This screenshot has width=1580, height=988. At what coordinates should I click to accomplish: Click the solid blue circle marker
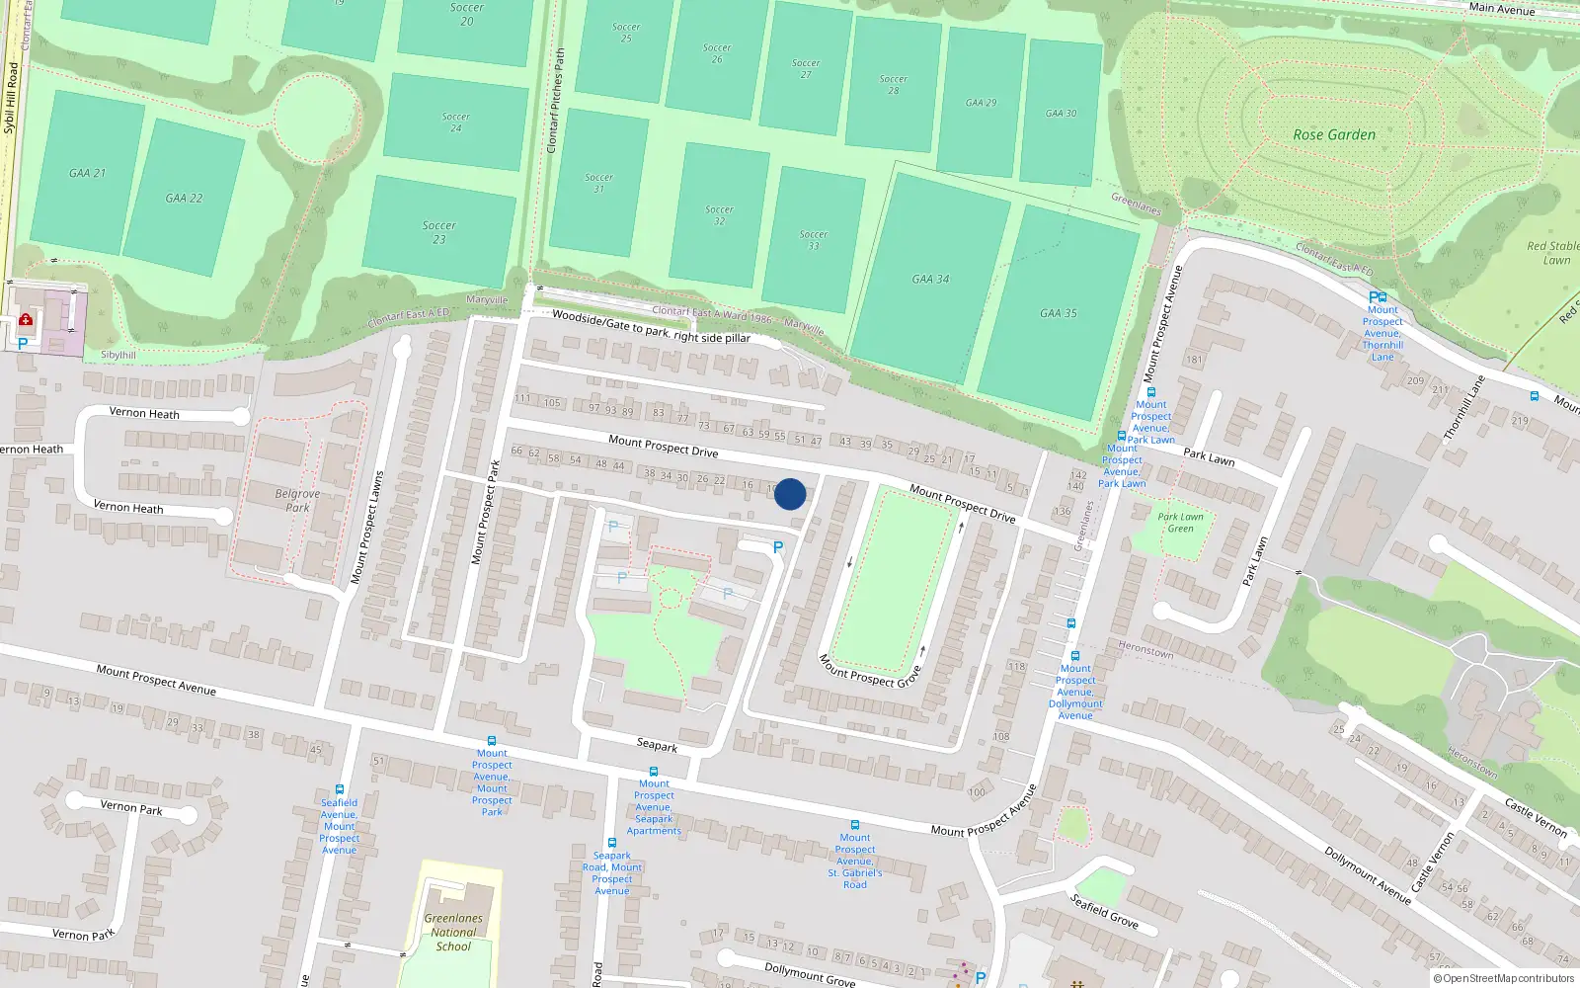pos(790,494)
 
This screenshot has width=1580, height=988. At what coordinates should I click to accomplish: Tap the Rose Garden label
pos(1334,134)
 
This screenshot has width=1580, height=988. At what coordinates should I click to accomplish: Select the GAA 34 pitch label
pos(930,280)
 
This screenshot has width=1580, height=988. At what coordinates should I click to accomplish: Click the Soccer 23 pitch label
pos(439,232)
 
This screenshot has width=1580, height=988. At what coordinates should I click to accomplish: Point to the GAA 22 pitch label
pos(184,198)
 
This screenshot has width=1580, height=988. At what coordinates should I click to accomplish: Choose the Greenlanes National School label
pos(453,932)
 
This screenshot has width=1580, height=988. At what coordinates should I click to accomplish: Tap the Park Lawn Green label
pos(1180,522)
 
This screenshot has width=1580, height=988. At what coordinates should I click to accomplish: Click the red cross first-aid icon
pos(26,319)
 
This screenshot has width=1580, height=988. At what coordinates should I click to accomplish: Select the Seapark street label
pos(657,745)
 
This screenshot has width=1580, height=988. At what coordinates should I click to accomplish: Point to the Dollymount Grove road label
pos(810,973)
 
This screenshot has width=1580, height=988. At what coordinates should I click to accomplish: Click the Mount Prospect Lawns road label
pos(366,528)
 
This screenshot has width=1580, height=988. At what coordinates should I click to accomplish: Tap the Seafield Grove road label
pos(1104,910)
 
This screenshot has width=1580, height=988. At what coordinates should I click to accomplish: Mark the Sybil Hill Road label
pos(11,99)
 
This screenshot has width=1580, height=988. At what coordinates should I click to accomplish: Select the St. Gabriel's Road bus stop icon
pos(855,825)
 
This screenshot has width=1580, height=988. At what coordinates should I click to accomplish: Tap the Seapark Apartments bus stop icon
pos(653,772)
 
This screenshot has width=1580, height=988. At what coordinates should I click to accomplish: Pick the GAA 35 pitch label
pos(1059,313)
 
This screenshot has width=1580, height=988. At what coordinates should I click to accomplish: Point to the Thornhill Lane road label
pos(1463,407)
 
